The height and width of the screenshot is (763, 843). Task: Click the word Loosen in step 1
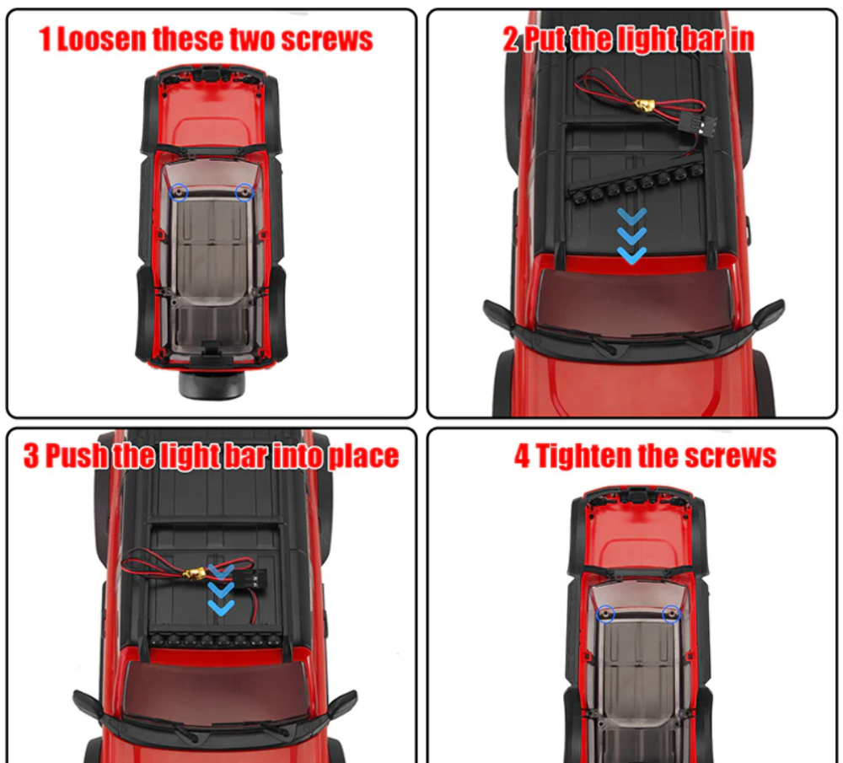(101, 40)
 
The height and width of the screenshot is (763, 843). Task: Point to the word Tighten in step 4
(584, 456)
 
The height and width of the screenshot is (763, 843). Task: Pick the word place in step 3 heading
(363, 457)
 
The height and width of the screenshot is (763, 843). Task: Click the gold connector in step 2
(643, 106)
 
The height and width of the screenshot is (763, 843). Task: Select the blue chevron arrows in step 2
(631, 235)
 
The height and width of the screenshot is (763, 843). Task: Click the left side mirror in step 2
(498, 315)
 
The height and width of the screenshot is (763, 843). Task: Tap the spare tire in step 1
(212, 384)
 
